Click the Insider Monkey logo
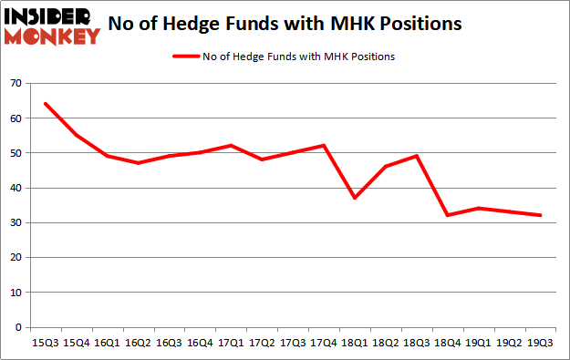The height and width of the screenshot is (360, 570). click(52, 26)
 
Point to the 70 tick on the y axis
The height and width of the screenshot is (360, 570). click(19, 84)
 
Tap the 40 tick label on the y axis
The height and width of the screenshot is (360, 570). click(19, 188)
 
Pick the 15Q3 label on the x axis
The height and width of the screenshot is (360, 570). click(45, 344)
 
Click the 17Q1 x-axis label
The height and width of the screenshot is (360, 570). click(231, 344)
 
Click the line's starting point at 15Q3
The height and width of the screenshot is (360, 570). click(45, 104)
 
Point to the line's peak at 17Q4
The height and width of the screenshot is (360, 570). click(324, 146)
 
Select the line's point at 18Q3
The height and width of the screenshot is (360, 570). click(417, 156)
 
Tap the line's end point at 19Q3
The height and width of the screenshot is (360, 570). click(541, 215)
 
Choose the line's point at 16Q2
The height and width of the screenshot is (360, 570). click(138, 163)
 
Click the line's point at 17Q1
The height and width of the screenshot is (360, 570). click(231, 146)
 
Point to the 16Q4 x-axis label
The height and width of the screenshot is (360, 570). click(200, 344)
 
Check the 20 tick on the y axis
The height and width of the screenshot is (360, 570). click(19, 258)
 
